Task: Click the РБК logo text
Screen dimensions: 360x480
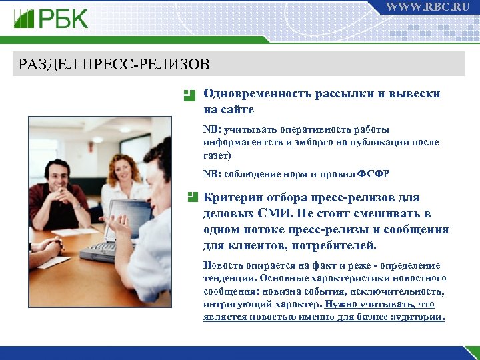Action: tap(63, 19)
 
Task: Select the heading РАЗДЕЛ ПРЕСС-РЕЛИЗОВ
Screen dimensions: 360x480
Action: tap(114, 65)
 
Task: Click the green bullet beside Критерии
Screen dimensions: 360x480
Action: tap(192, 197)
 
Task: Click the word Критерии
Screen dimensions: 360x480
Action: tap(231, 198)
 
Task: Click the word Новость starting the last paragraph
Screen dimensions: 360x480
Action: tap(222, 265)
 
